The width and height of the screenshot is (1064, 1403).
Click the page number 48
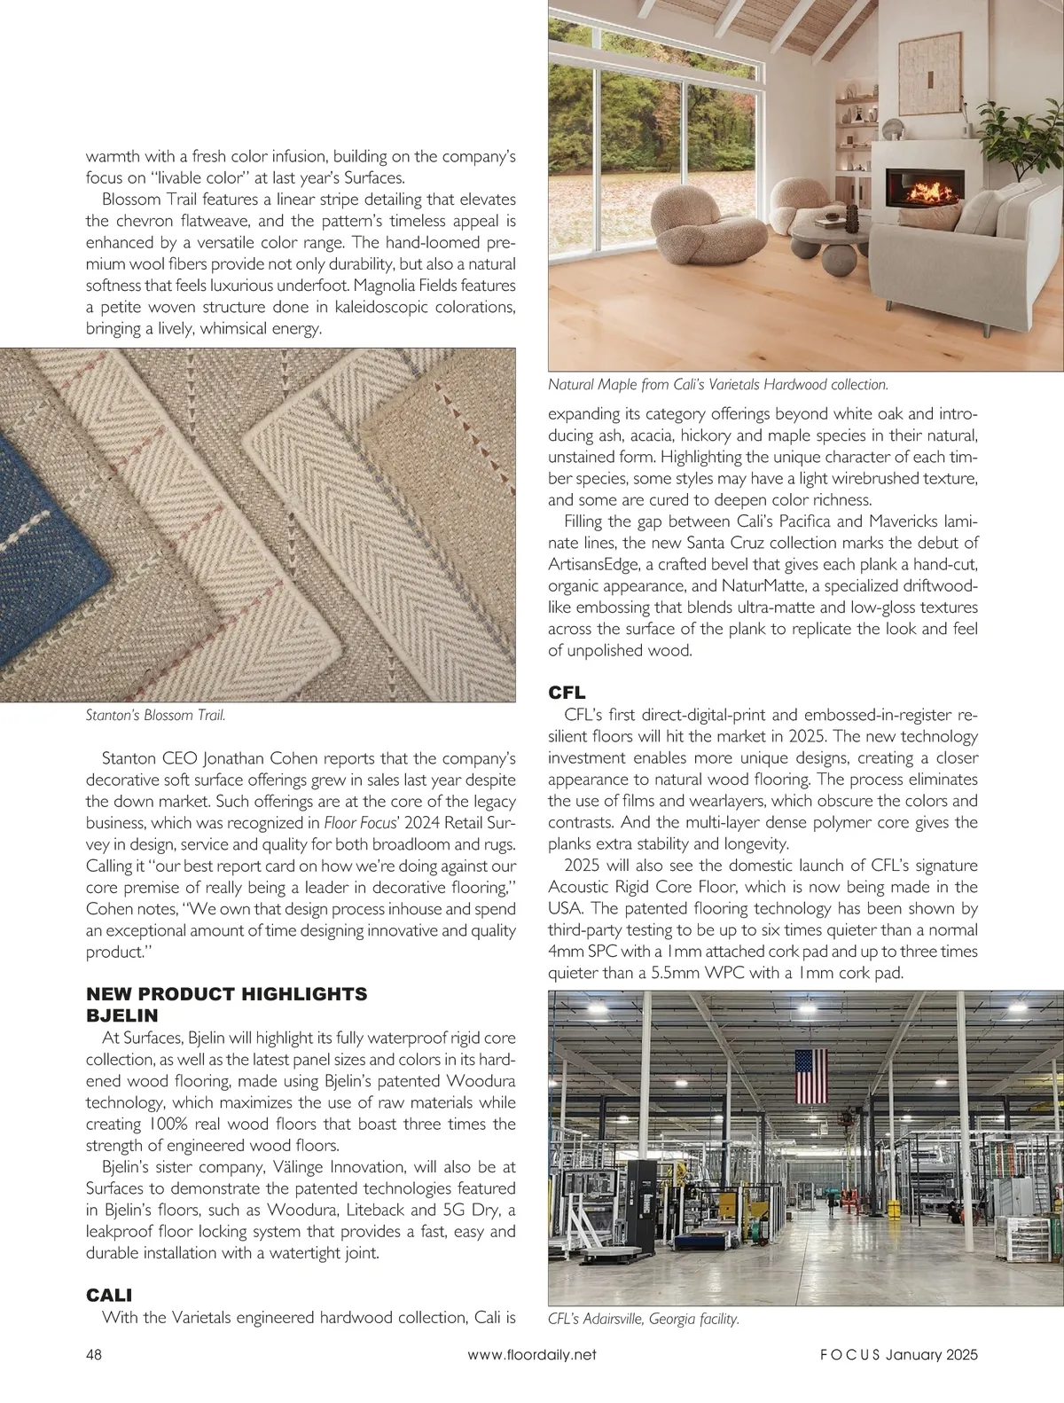[93, 1354]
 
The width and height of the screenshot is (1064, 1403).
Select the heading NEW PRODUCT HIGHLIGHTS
[226, 994]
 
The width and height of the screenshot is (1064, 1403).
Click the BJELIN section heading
[121, 1015]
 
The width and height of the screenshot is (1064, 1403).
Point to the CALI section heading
[109, 1296]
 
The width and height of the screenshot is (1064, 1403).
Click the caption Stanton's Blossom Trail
[155, 715]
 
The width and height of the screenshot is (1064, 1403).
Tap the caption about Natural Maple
[718, 385]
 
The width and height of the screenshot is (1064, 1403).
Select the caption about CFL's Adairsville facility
[644, 1319]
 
